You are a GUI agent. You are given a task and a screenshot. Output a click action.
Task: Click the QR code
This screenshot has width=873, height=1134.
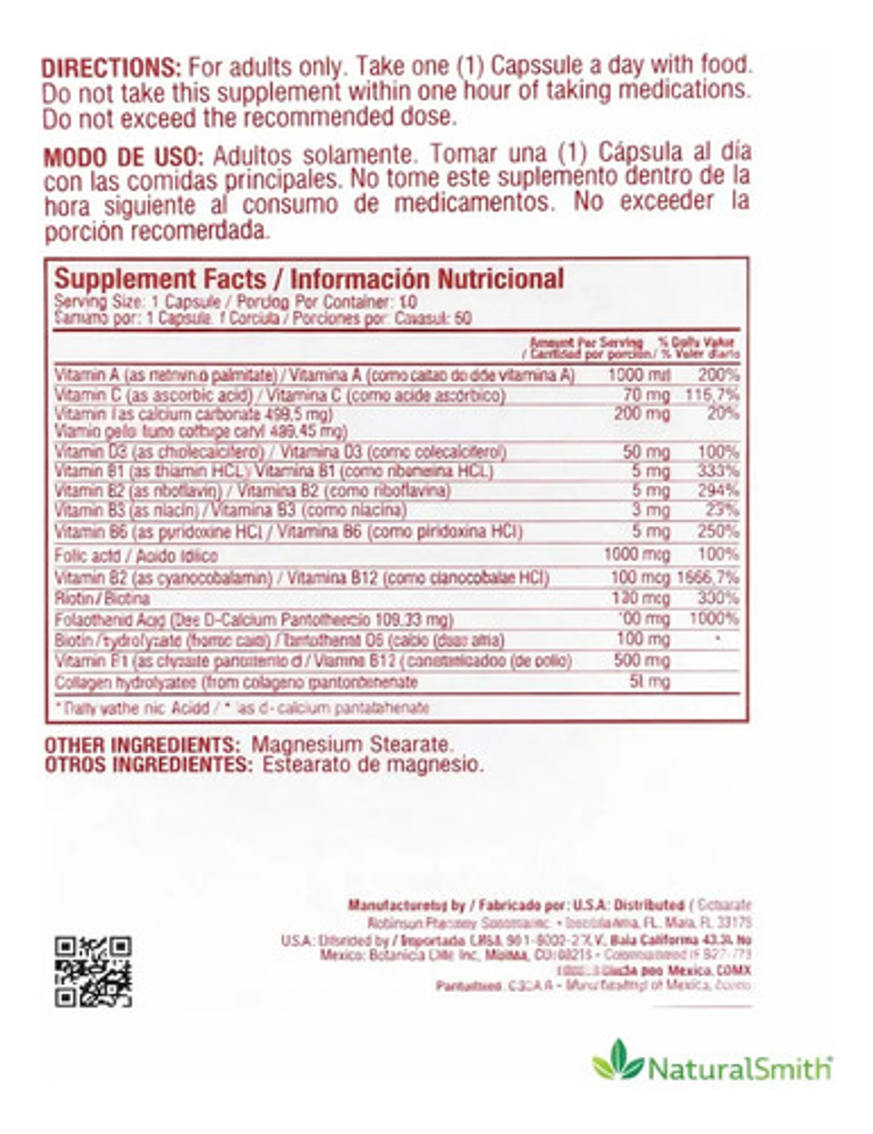pos(93,971)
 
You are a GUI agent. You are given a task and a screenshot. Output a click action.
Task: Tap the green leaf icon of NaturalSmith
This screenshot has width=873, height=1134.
pos(617,1060)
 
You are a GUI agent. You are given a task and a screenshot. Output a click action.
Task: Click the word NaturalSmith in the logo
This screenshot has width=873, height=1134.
pos(739,1067)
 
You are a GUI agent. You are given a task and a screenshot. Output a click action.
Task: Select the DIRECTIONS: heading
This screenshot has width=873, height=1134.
pos(112,67)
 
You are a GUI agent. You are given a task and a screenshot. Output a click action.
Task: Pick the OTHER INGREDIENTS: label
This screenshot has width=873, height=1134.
pos(143,746)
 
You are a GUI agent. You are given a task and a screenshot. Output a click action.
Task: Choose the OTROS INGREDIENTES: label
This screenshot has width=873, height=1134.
pos(148,765)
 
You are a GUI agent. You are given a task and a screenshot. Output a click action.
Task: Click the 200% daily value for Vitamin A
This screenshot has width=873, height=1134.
pos(718,375)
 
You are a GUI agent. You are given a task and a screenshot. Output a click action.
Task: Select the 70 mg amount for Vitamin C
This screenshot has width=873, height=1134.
pos(647,396)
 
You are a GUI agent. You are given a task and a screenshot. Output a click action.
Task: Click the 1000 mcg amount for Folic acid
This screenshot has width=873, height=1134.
pos(637,554)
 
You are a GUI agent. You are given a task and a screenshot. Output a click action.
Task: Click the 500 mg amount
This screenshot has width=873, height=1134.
pos(643,661)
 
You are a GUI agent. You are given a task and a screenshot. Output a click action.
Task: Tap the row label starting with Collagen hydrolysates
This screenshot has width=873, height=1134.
pos(236,682)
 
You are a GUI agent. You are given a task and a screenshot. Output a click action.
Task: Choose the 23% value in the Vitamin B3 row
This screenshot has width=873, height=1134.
pos(722,510)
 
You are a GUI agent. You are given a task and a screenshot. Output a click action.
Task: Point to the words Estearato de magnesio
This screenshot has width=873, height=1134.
pos(373,765)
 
